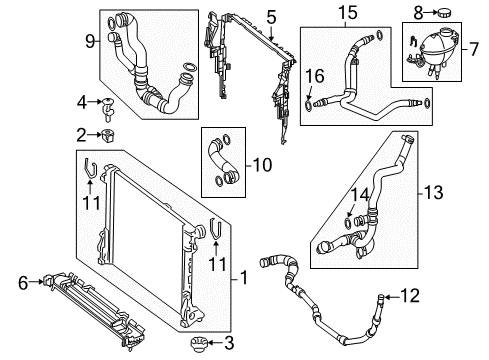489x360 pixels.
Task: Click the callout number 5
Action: [x=271, y=17]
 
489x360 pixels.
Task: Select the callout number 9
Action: [x=90, y=42]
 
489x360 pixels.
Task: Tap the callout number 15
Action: [x=348, y=13]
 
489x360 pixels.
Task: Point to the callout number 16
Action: [x=315, y=76]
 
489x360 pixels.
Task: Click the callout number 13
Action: [x=433, y=193]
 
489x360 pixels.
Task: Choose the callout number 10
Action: [x=262, y=165]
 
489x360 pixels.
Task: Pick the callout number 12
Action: [x=410, y=296]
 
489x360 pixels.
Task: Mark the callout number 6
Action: [x=23, y=283]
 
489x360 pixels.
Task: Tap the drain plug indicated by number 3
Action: [x=199, y=343]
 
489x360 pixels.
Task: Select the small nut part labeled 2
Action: [x=108, y=135]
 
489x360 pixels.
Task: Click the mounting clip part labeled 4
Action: [x=107, y=109]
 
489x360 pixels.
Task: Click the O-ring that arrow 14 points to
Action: [x=347, y=223]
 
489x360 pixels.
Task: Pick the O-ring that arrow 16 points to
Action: [x=309, y=105]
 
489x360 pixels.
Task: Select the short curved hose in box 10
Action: [x=223, y=159]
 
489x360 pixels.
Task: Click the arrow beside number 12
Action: [x=391, y=296]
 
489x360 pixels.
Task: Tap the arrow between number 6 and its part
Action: [x=37, y=282]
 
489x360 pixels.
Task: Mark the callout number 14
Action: [x=359, y=195]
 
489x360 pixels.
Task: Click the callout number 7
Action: [x=474, y=49]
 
